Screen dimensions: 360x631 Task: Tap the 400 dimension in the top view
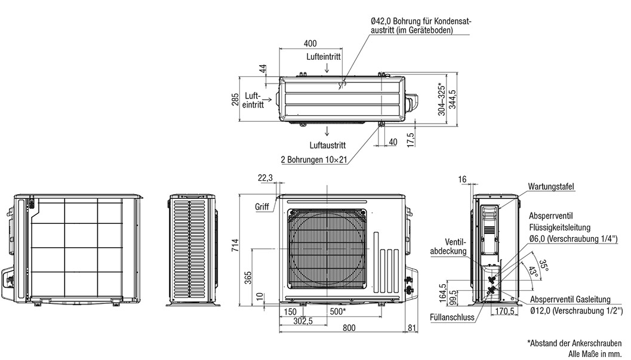(x=310, y=43)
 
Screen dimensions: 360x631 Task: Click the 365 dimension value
(x=248, y=278)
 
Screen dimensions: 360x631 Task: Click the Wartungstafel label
(x=551, y=187)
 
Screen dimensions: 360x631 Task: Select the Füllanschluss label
(x=452, y=318)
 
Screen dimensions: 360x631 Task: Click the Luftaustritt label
(x=327, y=144)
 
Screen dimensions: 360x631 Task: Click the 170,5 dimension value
(x=506, y=311)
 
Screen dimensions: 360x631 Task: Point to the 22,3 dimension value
(x=266, y=177)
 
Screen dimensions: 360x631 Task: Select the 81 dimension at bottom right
(x=412, y=328)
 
